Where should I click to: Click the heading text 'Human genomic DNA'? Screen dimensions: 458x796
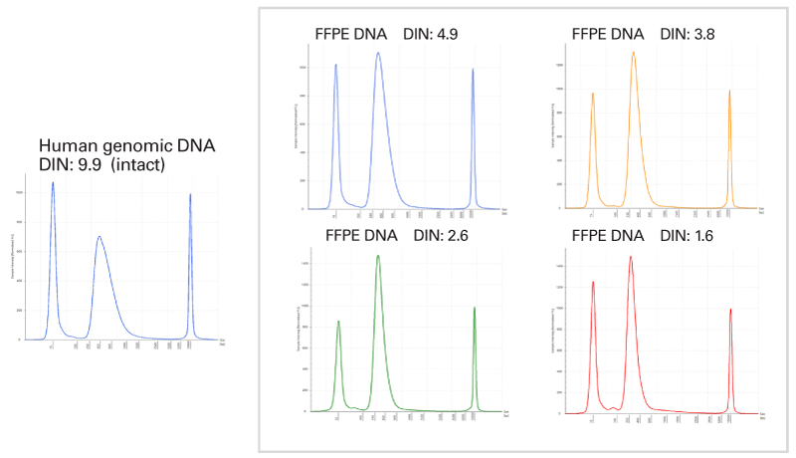pos(126,146)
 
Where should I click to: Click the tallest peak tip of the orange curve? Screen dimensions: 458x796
pos(633,53)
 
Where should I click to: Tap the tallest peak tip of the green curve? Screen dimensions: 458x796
pos(378,256)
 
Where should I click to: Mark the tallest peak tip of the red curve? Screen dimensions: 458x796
pos(631,257)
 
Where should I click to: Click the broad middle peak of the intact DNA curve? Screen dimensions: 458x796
pos(99,237)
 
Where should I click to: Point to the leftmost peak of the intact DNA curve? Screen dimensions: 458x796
pos(53,183)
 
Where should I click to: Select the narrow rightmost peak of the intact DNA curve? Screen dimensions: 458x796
pos(190,195)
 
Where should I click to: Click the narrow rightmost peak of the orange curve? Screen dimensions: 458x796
pos(729,92)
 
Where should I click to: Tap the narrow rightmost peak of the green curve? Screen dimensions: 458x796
pos(475,308)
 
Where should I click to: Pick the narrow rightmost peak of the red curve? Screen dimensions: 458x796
pos(730,310)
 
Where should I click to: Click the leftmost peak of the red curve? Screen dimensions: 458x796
pos(593,282)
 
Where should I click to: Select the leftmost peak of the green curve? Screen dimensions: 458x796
pos(339,322)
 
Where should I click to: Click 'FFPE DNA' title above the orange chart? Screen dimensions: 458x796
pos(607,34)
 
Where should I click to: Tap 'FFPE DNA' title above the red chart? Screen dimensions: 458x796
pos(607,236)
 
